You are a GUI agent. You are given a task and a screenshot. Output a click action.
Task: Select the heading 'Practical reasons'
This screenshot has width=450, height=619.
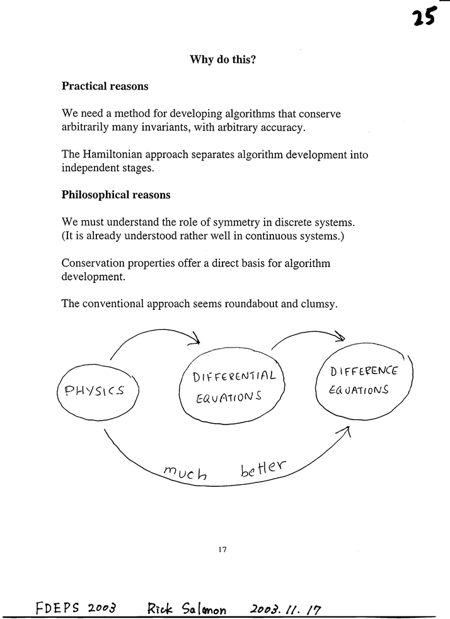click(x=105, y=86)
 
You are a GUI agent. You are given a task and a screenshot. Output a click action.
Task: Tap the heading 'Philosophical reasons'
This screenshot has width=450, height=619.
click(x=115, y=195)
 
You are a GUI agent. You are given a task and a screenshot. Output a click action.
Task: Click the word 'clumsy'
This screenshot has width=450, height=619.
click(x=321, y=304)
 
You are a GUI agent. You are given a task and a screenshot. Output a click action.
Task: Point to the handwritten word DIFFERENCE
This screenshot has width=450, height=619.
click(x=364, y=373)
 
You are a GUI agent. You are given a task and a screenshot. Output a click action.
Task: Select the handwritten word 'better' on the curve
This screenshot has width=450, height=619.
click(x=263, y=469)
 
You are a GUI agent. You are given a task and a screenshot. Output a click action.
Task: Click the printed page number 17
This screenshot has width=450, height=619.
click(x=222, y=549)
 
